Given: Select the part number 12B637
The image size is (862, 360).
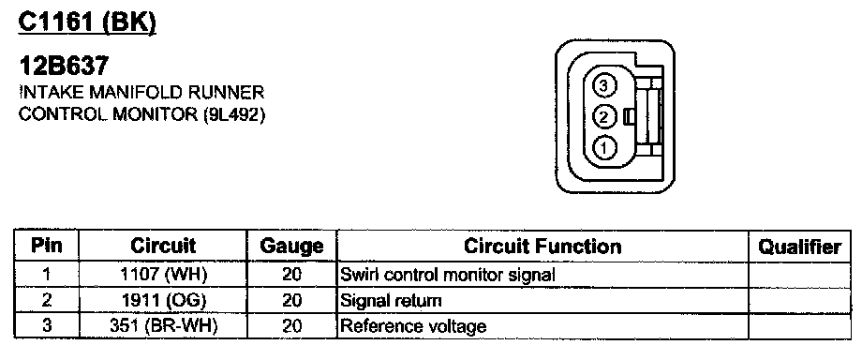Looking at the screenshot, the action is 64,67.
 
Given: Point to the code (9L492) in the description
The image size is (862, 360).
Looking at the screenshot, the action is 234,114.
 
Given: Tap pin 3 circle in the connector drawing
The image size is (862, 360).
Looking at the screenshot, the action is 603,86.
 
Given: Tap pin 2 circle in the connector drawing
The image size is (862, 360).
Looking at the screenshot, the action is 603,116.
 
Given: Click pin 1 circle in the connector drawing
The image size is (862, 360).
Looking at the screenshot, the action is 603,147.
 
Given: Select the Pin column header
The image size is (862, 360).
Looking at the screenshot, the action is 47,246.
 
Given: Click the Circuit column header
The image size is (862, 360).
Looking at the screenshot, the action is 163,246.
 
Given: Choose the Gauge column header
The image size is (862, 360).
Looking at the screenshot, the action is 292,246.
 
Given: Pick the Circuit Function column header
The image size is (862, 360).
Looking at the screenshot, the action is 542,246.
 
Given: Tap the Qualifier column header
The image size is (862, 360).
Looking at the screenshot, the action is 800,247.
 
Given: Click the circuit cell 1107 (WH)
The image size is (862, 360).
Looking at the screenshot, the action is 163,274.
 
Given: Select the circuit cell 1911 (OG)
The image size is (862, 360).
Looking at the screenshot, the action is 163,300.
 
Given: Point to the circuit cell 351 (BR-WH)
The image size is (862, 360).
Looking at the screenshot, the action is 163,326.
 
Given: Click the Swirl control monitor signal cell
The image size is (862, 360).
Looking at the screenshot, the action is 448,274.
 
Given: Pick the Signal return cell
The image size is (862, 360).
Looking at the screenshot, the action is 391,301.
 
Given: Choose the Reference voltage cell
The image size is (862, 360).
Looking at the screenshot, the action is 413,326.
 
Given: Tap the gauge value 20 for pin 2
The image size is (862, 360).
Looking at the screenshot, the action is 292,301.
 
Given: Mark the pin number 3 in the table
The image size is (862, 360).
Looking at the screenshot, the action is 47,326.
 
